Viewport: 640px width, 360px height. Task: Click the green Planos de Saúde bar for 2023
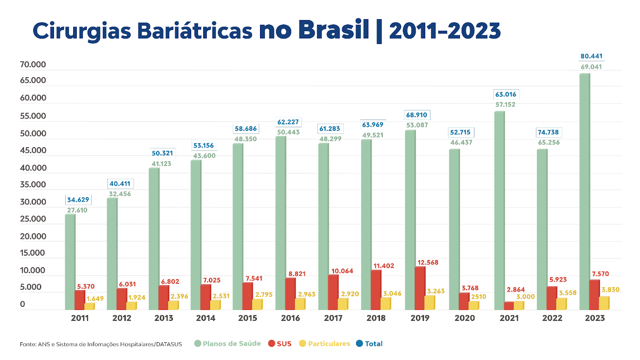pyautogui.click(x=584, y=192)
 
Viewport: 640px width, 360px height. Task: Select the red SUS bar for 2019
pyautogui.click(x=420, y=288)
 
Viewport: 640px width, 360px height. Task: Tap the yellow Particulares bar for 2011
pyautogui.click(x=89, y=306)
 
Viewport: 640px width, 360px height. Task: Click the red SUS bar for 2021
pyautogui.click(x=509, y=306)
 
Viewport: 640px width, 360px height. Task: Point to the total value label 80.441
pyautogui.click(x=591, y=56)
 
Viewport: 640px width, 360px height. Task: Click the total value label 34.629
pyautogui.click(x=78, y=200)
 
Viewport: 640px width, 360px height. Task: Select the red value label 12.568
pyautogui.click(x=428, y=262)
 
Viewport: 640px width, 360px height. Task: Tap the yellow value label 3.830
pyautogui.click(x=610, y=290)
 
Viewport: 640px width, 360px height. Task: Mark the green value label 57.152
pyautogui.click(x=505, y=104)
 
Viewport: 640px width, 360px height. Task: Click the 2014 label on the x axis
pyautogui.click(x=206, y=318)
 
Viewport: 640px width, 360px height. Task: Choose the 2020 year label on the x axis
pyautogui.click(x=464, y=318)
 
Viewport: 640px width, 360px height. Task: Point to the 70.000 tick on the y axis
pyautogui.click(x=33, y=64)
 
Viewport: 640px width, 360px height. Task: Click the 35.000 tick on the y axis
pyautogui.click(x=33, y=184)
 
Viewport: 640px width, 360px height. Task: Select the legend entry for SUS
pyautogui.click(x=280, y=344)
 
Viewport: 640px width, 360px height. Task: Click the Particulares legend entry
pyautogui.click(x=325, y=344)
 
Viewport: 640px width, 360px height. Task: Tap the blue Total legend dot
pyautogui.click(x=360, y=344)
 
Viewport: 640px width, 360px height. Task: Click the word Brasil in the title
pyautogui.click(x=334, y=30)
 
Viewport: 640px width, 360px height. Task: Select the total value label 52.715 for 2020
pyautogui.click(x=460, y=132)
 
